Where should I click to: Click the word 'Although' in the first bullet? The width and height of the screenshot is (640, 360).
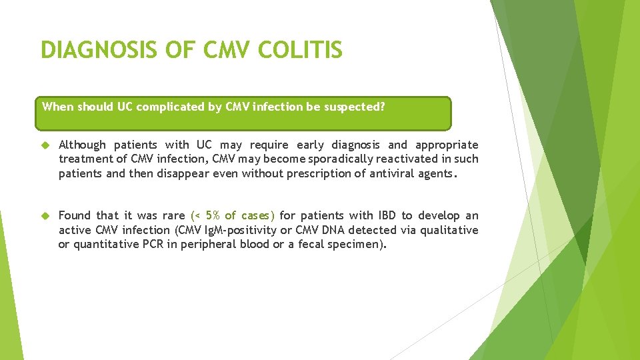[82, 145]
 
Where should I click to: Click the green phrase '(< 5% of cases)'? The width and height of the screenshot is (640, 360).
[233, 215]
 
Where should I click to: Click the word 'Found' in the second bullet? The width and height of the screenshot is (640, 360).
[75, 215]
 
